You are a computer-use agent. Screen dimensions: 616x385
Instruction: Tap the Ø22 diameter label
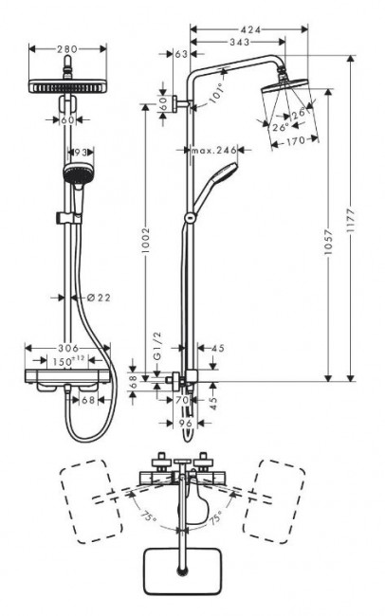click(x=98, y=298)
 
